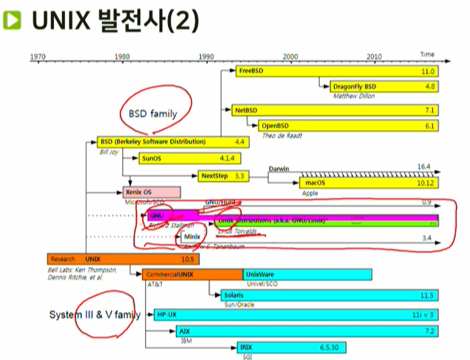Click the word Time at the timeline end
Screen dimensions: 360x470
pyautogui.click(x=427, y=54)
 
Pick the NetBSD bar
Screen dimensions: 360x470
pyautogui.click(x=334, y=110)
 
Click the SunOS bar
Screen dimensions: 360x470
pyautogui.click(x=182, y=158)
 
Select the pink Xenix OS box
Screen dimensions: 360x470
pyautogui.click(x=151, y=192)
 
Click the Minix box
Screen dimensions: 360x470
pyautogui.click(x=192, y=236)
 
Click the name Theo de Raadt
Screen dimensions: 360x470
pyautogui.click(x=281, y=135)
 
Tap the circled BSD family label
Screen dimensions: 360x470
pyautogui.click(x=152, y=112)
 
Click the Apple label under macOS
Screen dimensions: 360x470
pyautogui.click(x=310, y=193)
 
